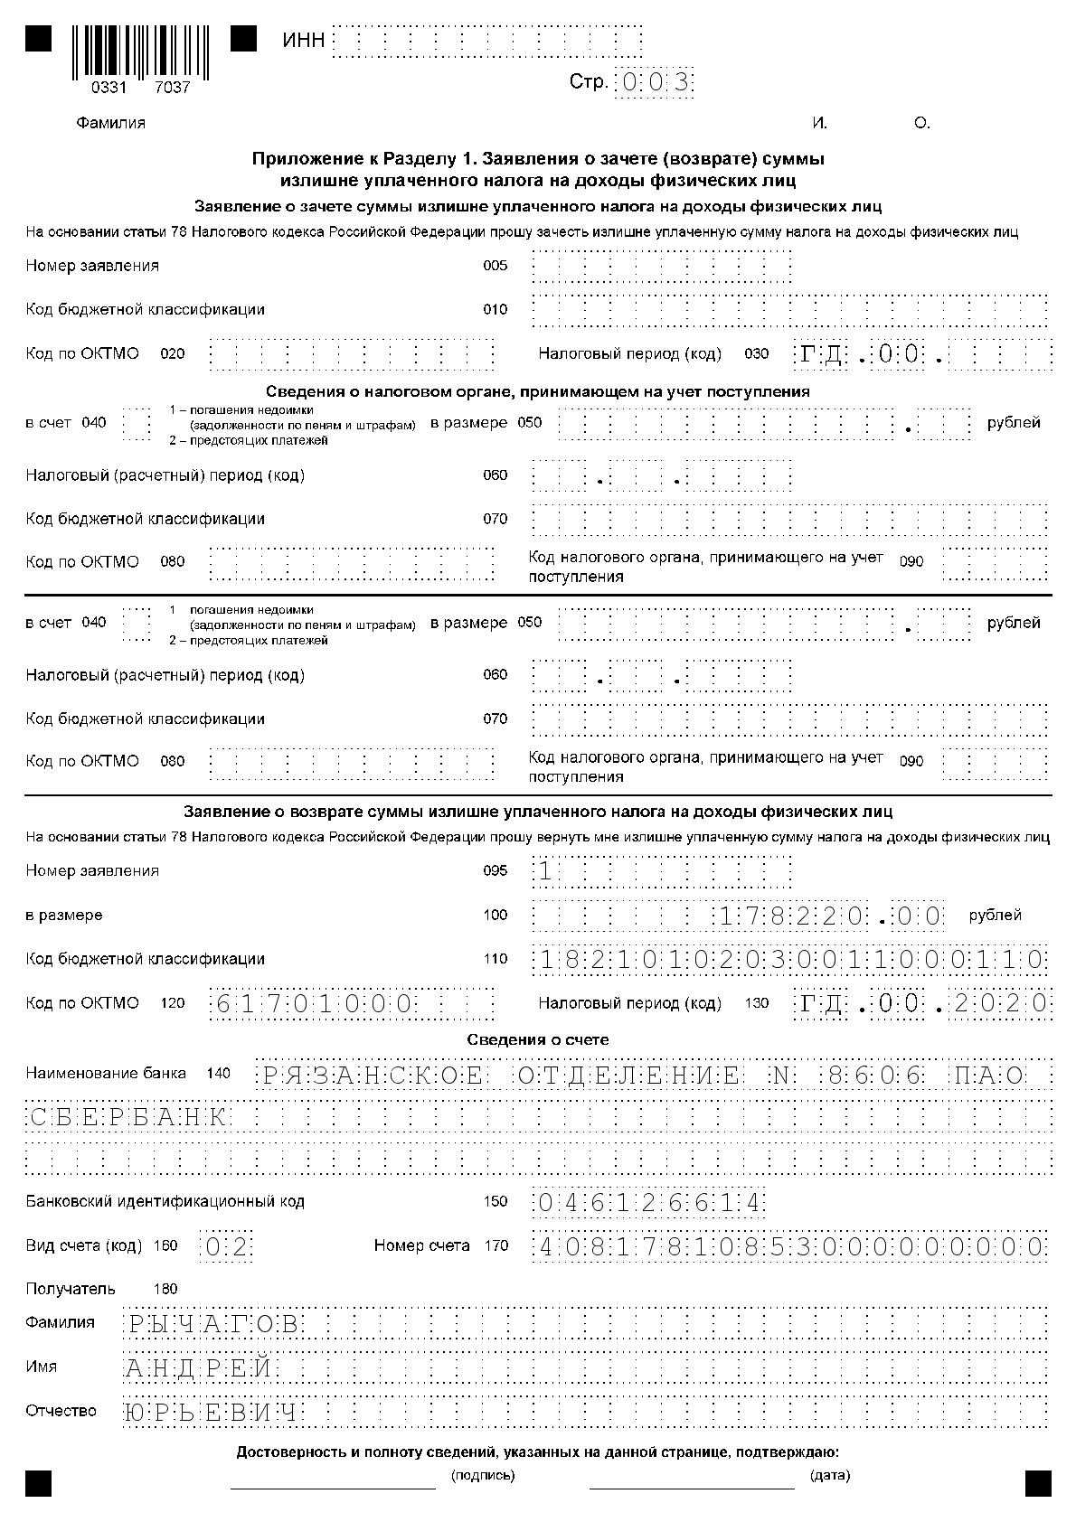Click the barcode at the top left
pos(140,52)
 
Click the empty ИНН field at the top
pos(487,42)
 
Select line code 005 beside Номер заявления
pos(496,266)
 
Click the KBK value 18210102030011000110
pos(790,960)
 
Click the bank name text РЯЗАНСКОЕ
pos(373,1076)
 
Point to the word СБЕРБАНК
pos(127,1118)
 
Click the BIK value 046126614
pos(649,1203)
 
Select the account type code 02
pos(225,1247)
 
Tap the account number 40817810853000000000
pos(790,1247)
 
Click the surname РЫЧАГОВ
pos(212,1325)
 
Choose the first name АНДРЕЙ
pos(199,1368)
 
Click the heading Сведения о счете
pos(538,1039)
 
